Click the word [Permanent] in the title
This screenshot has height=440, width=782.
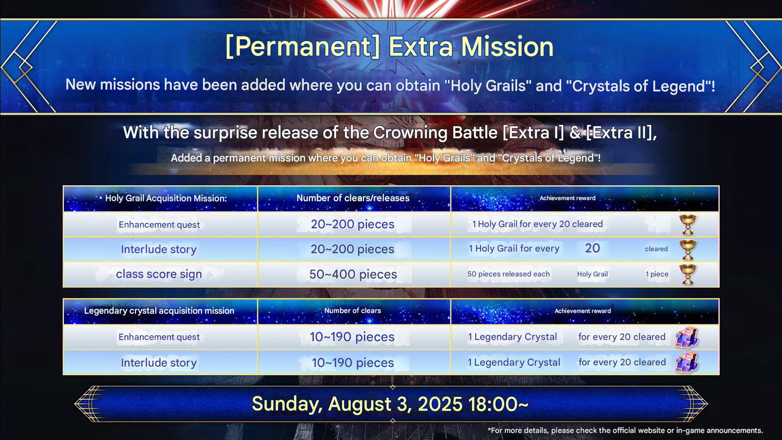tap(302, 47)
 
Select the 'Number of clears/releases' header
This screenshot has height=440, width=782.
tap(353, 198)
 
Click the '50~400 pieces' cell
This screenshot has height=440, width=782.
tap(353, 274)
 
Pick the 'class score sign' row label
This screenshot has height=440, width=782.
tap(159, 274)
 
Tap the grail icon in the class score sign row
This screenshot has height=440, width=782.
tap(688, 274)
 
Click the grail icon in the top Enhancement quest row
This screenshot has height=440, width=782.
tap(688, 225)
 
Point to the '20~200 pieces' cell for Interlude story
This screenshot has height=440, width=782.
tap(352, 249)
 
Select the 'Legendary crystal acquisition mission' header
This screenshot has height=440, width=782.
tap(159, 311)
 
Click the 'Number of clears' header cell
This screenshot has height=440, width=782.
tap(352, 310)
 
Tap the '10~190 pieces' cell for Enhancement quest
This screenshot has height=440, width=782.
tap(352, 337)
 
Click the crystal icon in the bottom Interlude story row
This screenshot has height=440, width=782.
tap(687, 362)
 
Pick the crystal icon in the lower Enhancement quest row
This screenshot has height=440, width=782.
tap(687, 337)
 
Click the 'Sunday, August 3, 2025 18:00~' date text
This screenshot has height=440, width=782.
tap(390, 404)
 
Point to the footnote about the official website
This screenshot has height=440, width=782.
tap(625, 430)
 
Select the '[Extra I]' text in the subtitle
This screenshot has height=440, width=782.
tap(533, 133)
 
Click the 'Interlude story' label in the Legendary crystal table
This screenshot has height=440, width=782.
tap(159, 363)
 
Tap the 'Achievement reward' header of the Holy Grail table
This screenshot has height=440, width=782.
tap(567, 198)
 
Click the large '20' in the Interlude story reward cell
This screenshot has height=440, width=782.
tap(592, 248)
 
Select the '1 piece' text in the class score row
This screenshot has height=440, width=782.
tap(657, 274)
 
